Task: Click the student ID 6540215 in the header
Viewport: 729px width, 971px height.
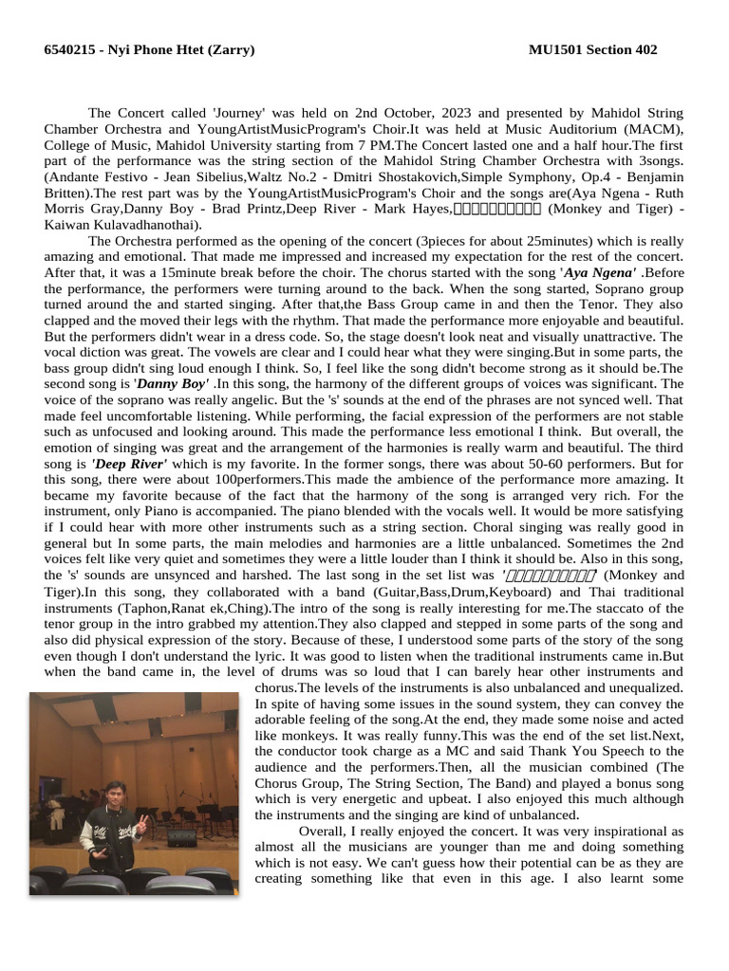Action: [69, 50]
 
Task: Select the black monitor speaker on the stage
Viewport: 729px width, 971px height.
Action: [180, 838]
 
